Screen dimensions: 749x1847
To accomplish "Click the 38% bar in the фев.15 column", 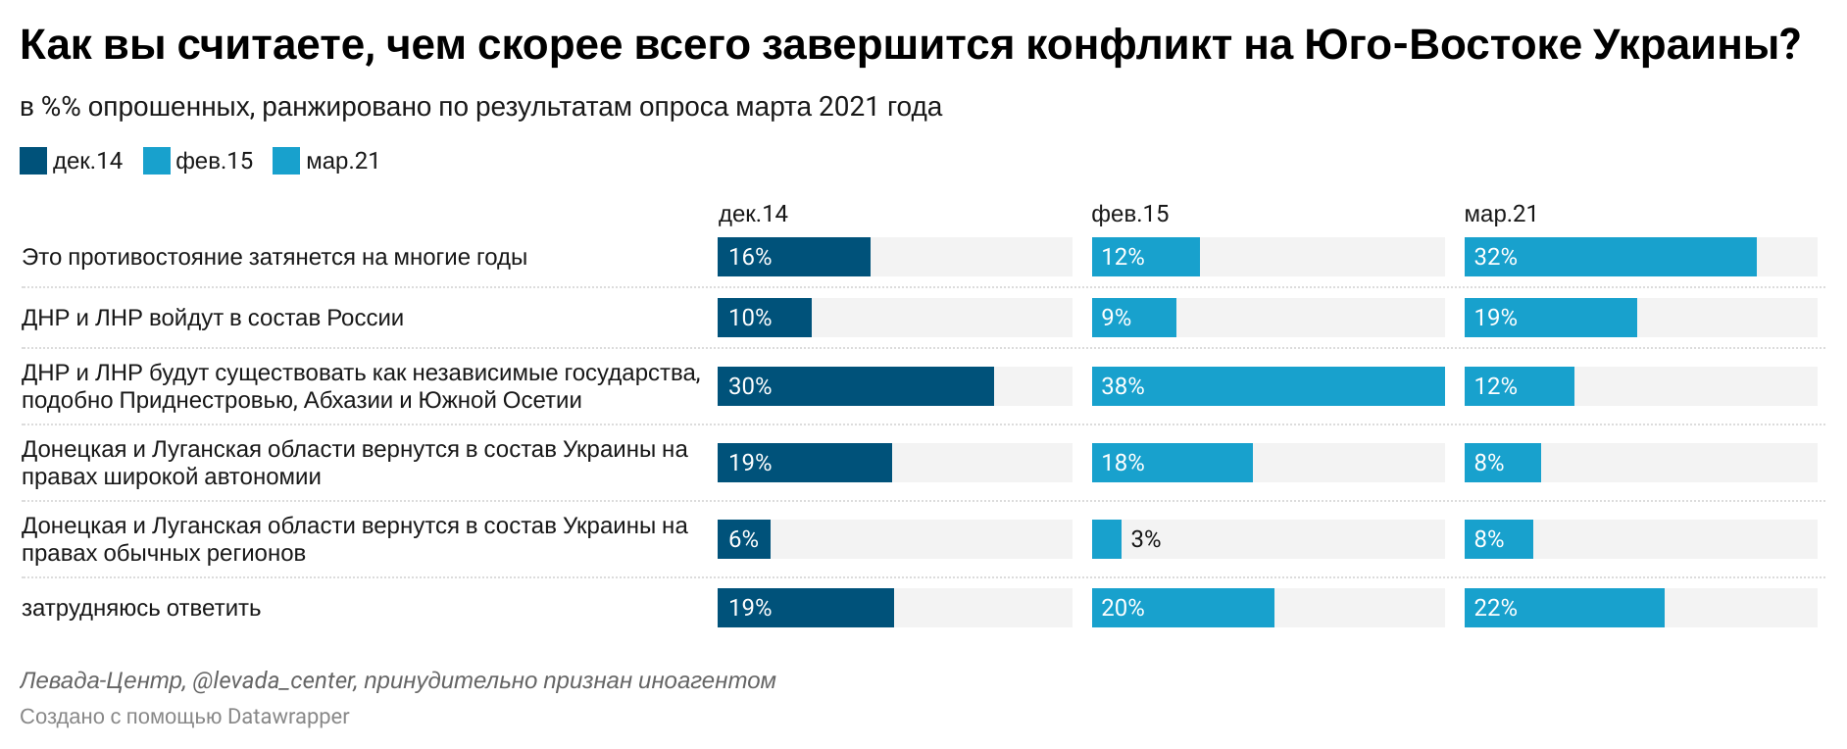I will (1268, 386).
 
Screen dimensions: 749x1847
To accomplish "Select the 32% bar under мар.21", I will (1610, 257).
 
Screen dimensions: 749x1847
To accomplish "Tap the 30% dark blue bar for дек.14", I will (855, 386).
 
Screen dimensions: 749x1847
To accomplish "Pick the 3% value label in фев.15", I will (1145, 539).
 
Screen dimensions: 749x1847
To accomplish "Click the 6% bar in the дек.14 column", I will (743, 539).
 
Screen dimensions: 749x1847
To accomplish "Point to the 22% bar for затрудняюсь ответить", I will (1564, 608).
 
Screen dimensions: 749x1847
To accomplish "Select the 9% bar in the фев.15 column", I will (1133, 318).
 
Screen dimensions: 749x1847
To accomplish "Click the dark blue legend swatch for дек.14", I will (33, 161).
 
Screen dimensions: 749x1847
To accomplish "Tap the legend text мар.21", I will (342, 161).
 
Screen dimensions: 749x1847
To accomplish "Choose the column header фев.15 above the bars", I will (1129, 214).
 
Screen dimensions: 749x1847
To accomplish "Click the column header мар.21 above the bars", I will (1501, 214).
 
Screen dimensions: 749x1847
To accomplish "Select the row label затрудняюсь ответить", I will (141, 608).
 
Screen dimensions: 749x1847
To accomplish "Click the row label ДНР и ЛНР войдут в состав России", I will (213, 318).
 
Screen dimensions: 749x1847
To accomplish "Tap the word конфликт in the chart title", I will (1128, 45).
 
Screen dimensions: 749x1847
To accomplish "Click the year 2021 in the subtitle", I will (849, 107).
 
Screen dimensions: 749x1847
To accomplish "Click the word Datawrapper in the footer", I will (288, 717).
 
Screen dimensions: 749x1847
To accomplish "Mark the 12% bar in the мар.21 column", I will (1519, 386).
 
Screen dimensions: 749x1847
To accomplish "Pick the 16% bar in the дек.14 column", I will (793, 257).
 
